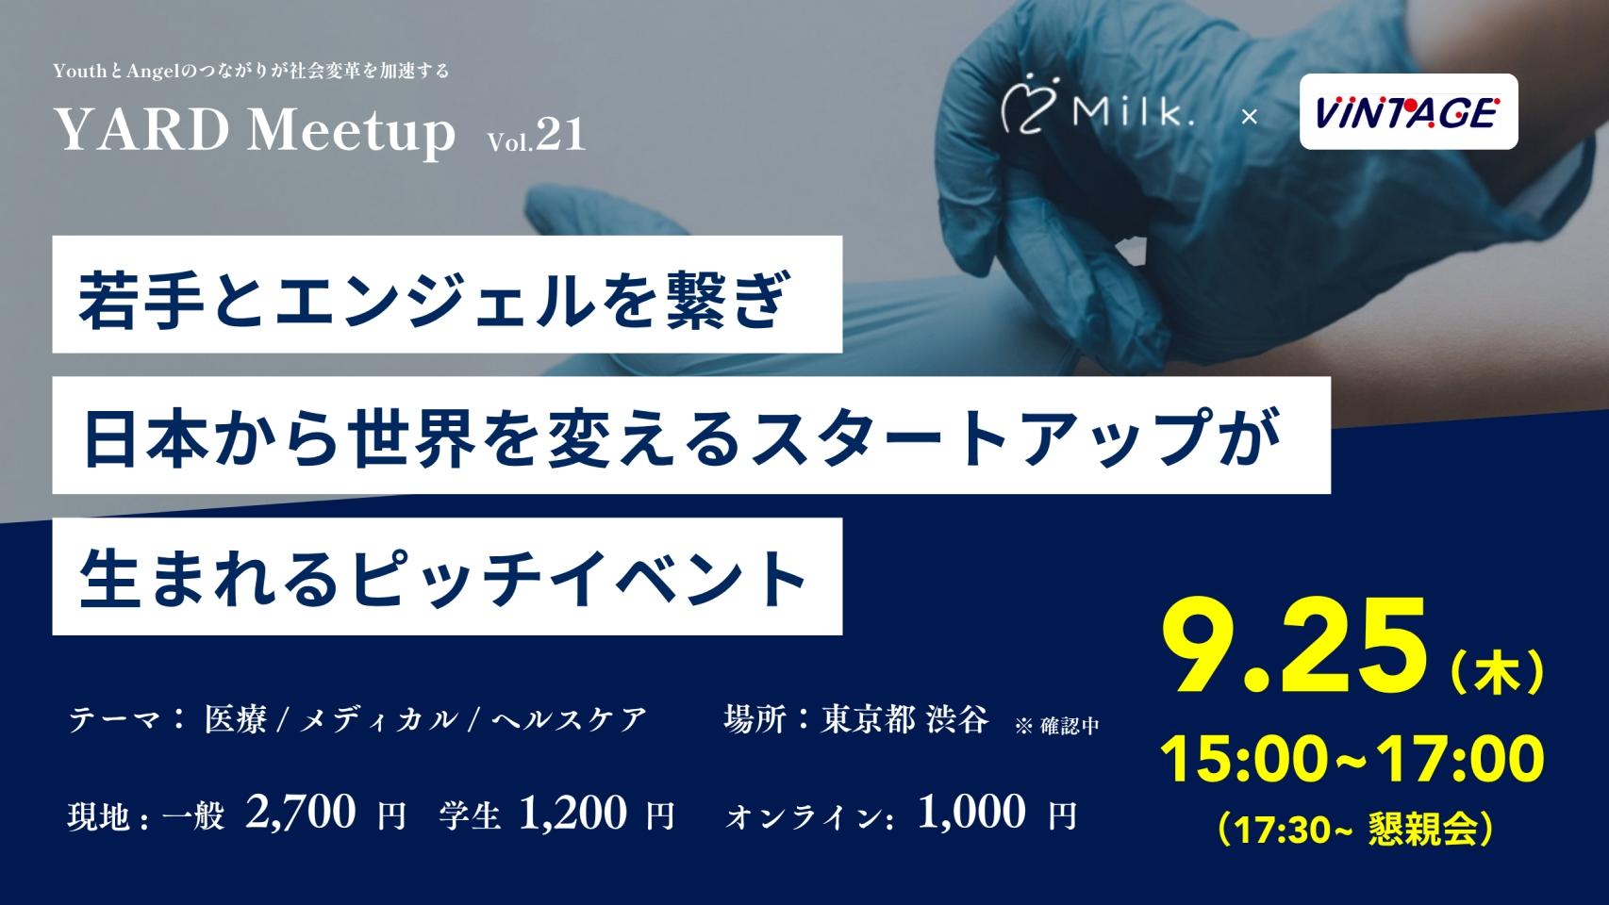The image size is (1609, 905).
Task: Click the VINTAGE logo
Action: click(1409, 112)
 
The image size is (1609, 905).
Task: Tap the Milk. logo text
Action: click(1134, 112)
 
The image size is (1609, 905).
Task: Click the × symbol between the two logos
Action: click(1249, 116)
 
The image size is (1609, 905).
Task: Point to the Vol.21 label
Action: click(537, 135)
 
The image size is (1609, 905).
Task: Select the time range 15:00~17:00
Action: click(1352, 760)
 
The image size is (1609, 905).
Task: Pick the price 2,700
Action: click(300, 813)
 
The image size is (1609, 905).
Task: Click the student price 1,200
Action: click(572, 813)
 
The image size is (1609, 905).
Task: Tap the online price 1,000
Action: click(971, 813)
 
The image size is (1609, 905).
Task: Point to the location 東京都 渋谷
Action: click(905, 719)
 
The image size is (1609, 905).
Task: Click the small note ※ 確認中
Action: click(1056, 726)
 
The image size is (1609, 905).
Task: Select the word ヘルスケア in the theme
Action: click(570, 719)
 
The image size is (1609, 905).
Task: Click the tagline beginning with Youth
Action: click(252, 71)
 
